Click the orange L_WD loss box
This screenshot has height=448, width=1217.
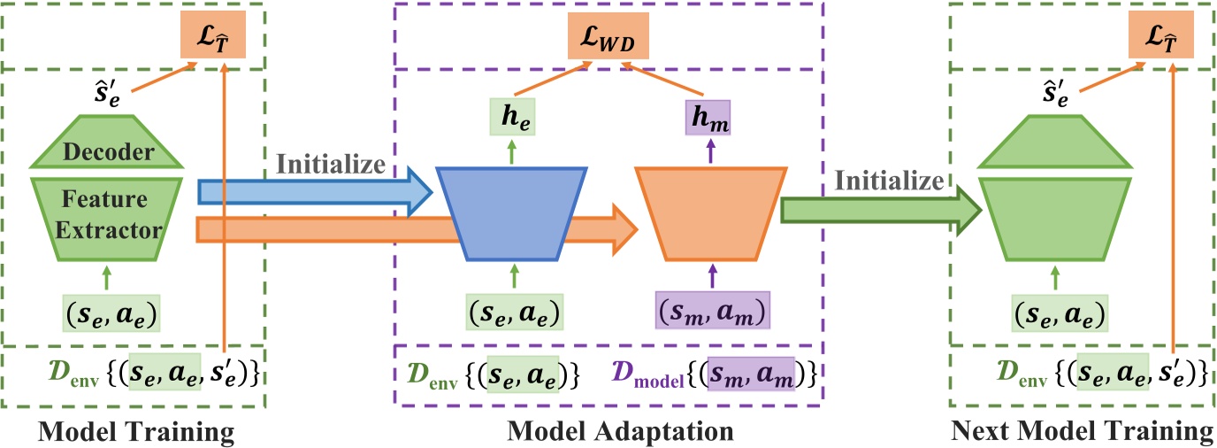[x=608, y=36]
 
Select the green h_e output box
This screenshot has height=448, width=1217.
[x=512, y=116]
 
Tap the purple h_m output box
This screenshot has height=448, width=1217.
[x=708, y=118]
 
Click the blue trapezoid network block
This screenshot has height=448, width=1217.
[x=512, y=213]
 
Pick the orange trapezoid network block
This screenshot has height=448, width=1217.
[x=710, y=213]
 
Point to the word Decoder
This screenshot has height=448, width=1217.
[x=109, y=151]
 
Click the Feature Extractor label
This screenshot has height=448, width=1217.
[x=107, y=214]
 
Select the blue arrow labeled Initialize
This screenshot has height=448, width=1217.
[x=315, y=192]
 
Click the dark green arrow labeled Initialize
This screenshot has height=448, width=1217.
[x=881, y=211]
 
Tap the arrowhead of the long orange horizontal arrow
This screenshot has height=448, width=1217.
[x=624, y=229]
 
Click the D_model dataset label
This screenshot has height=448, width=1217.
[x=647, y=374]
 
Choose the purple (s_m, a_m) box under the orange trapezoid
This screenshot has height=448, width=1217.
[x=712, y=311]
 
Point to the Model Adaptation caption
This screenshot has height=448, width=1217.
[x=620, y=432]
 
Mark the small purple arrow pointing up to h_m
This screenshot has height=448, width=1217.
[x=710, y=151]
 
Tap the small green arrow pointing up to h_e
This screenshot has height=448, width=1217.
[x=512, y=151]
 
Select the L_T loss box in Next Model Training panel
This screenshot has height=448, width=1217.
[x=1161, y=35]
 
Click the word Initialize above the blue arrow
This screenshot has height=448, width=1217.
[x=331, y=164]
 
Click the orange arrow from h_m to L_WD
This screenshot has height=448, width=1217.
[x=662, y=80]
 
